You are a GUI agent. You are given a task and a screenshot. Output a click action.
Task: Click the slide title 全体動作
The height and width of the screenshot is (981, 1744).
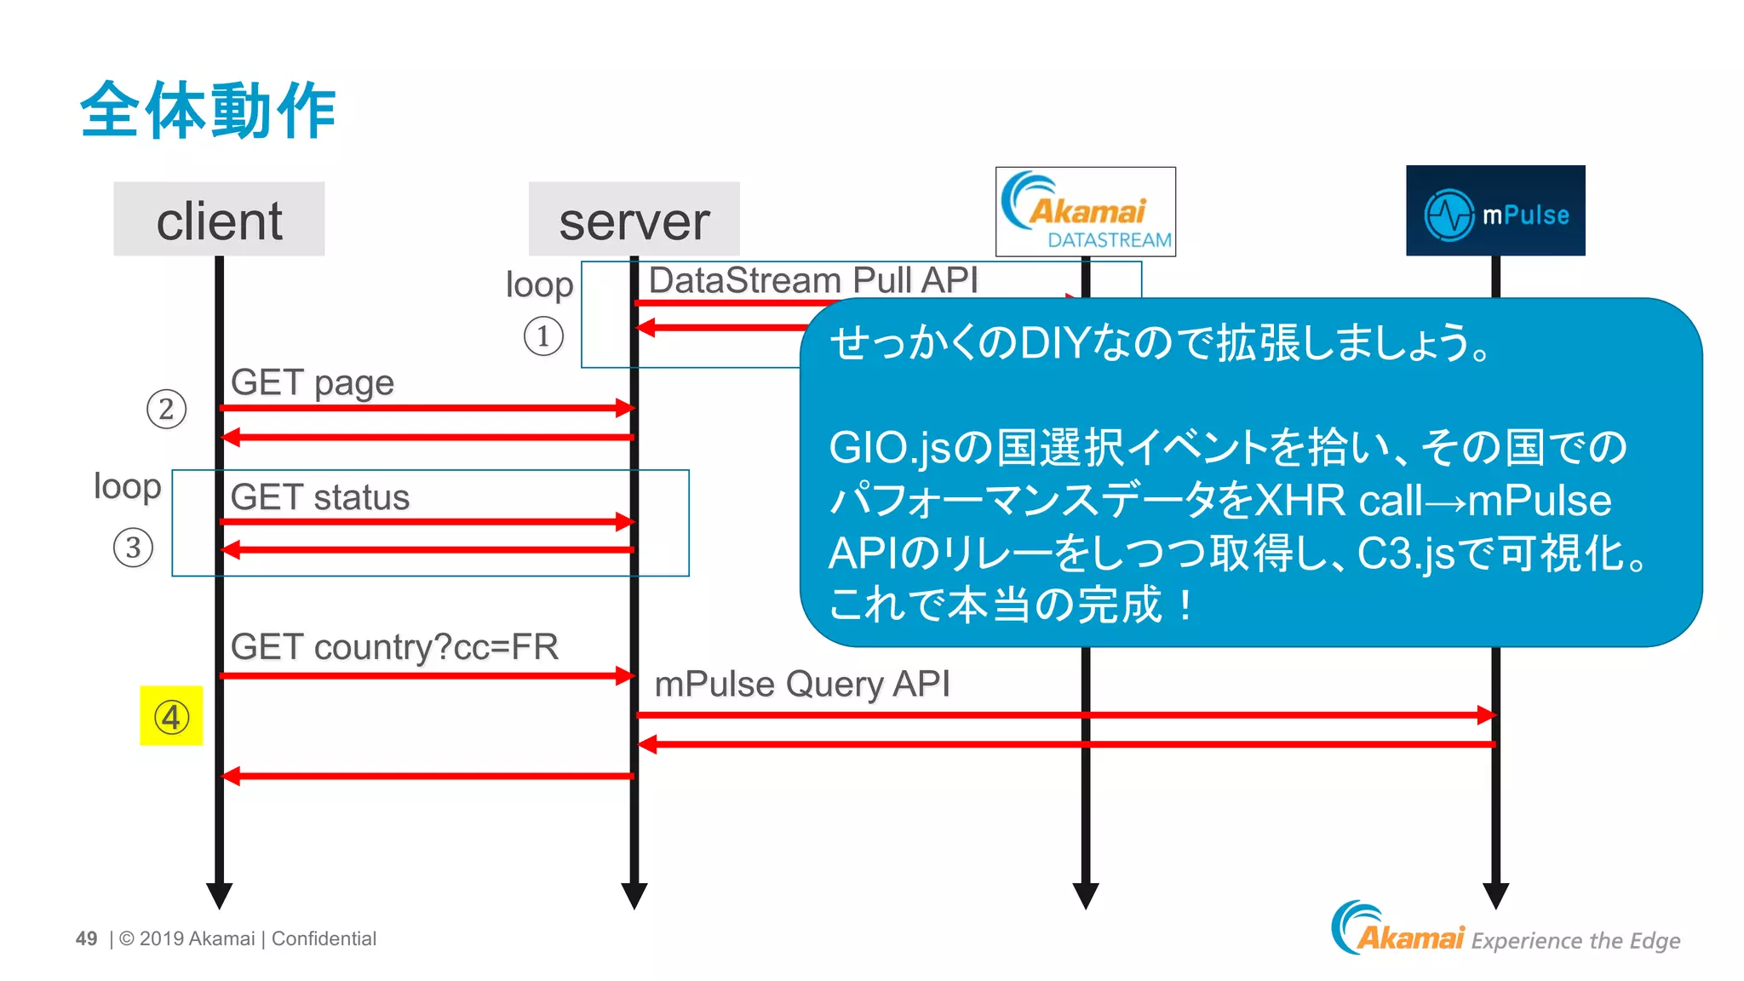pyautogui.click(x=208, y=111)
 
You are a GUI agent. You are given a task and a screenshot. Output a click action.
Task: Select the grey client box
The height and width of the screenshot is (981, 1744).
pyautogui.click(x=219, y=219)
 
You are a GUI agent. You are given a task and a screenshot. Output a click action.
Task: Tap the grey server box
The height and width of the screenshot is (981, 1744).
pyautogui.click(x=634, y=219)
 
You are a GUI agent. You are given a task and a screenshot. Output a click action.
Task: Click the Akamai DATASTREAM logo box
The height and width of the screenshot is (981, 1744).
pyautogui.click(x=1085, y=211)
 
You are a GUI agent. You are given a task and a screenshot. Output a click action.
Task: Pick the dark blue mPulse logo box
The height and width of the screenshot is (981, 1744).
pyautogui.click(x=1494, y=211)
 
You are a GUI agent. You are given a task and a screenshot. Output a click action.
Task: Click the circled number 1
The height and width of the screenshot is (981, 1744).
pyautogui.click(x=543, y=336)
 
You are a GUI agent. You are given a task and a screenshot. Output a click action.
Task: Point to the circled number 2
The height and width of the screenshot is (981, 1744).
pyautogui.click(x=166, y=409)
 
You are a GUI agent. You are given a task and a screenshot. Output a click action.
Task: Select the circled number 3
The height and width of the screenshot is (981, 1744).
pyautogui.click(x=133, y=548)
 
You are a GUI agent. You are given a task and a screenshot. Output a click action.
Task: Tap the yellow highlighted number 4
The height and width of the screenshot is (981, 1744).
pyautogui.click(x=171, y=716)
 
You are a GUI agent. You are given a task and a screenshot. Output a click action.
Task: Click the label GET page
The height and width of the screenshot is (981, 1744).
pyautogui.click(x=312, y=382)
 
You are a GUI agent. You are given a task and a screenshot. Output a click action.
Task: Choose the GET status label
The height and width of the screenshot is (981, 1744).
pyautogui.click(x=319, y=497)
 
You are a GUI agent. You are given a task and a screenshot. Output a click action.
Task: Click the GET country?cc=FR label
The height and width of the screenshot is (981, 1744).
pyautogui.click(x=393, y=647)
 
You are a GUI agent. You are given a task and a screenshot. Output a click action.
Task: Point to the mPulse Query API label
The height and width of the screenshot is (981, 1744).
pyautogui.click(x=801, y=684)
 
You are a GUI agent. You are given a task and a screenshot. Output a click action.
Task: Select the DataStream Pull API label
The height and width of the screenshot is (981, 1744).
pyautogui.click(x=812, y=280)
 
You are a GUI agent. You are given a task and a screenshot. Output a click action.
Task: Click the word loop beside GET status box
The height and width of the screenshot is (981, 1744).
pyautogui.click(x=127, y=486)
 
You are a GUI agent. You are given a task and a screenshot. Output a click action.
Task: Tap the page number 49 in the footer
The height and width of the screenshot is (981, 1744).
pyautogui.click(x=86, y=938)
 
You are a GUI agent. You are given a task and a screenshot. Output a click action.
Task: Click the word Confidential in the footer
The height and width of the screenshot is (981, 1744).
pyautogui.click(x=324, y=938)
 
